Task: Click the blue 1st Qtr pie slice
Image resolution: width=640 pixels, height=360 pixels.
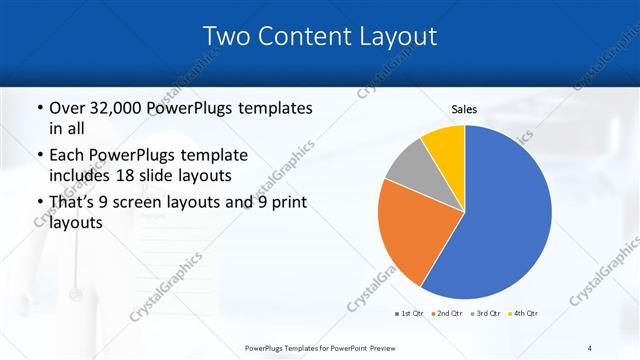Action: tap(500, 220)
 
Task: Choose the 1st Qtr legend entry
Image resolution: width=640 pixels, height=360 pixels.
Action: tap(409, 313)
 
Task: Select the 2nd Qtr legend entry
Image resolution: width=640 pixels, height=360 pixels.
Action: tap(447, 313)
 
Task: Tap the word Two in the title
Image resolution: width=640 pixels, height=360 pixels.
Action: tap(226, 36)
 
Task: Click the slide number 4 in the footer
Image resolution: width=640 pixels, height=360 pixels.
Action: tap(590, 348)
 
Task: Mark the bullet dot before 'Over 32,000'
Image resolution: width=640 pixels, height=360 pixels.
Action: tap(39, 108)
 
